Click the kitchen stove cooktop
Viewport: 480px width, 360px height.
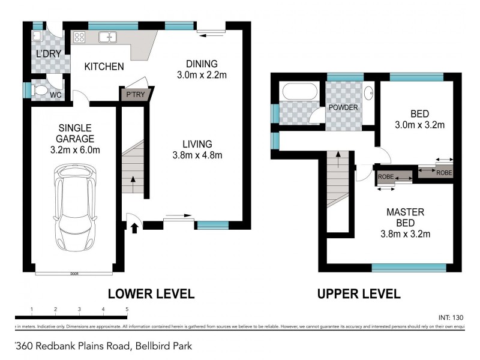(x=79, y=37)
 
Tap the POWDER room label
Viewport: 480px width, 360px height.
(x=343, y=107)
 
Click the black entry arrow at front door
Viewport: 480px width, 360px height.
(x=134, y=227)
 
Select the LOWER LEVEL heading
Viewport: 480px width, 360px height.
(x=151, y=293)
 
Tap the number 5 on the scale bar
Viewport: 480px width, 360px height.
(x=127, y=310)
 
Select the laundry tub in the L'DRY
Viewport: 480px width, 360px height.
(x=37, y=37)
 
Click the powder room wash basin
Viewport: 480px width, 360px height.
(x=370, y=93)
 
